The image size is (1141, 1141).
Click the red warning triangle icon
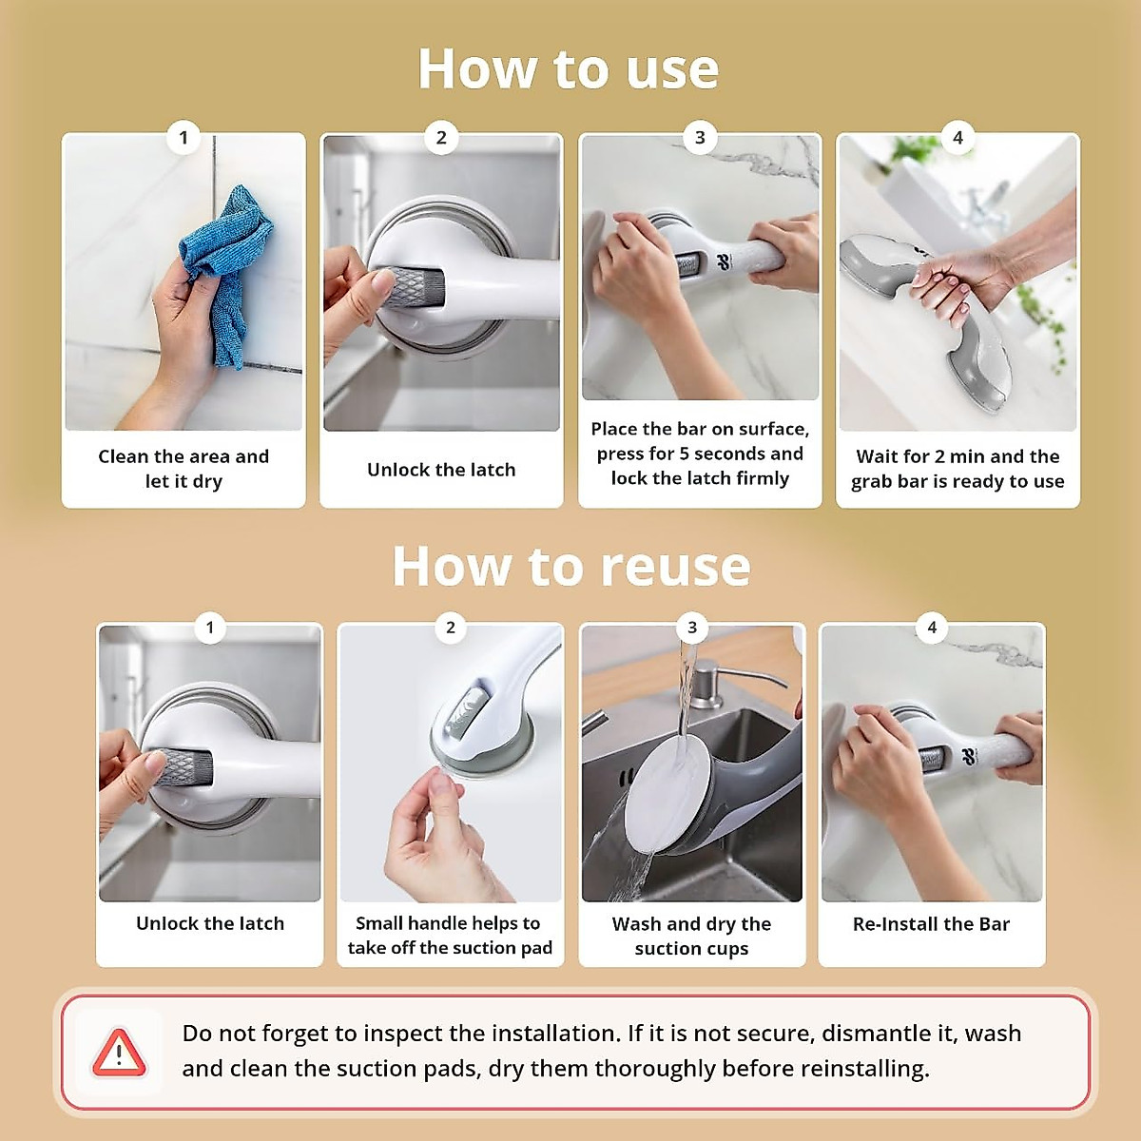pos(119,1053)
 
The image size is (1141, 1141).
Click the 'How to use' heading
pos(569,69)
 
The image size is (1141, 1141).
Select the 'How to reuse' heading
pos(571,567)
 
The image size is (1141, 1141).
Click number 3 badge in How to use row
pos(700,138)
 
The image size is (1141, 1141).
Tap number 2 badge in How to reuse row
pos(451,628)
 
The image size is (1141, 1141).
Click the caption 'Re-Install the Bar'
pos(931,924)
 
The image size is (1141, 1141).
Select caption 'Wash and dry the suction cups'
pos(691,937)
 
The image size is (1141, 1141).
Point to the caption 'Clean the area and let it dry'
pos(184,469)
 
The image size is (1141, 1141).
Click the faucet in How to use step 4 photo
pos(979,204)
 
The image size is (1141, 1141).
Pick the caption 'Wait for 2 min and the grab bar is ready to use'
pos(957,469)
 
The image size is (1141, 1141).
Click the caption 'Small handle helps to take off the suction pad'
pos(449,936)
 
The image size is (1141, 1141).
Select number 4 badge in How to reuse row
pos(932,628)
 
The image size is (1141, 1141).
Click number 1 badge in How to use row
pos(184,138)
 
